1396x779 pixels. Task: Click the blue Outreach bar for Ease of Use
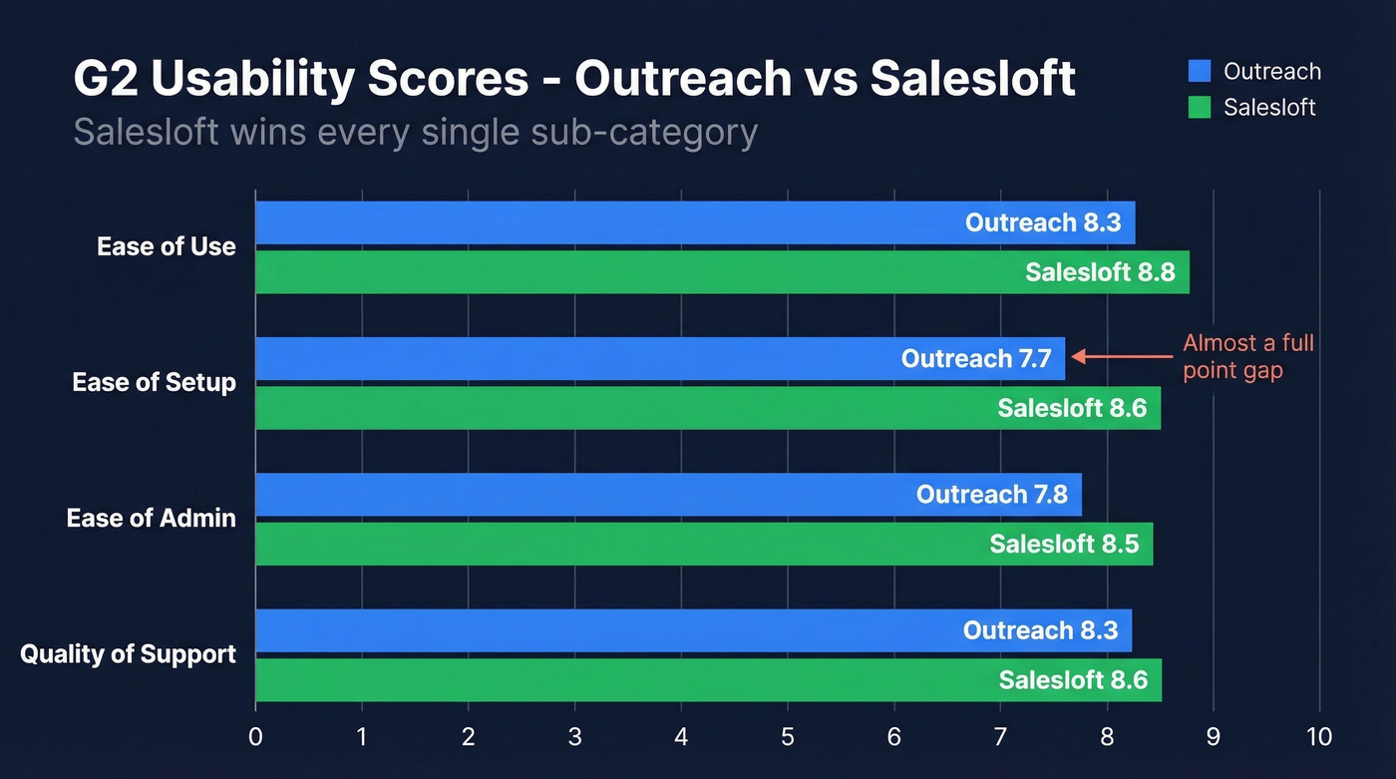[598, 222]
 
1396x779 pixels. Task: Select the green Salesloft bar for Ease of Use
[598, 272]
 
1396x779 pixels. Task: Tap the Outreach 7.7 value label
[976, 358]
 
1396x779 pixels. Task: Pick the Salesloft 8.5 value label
[1064, 545]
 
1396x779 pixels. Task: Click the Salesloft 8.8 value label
[1100, 272]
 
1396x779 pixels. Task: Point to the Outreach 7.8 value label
[991, 495]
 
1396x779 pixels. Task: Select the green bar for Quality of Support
[598, 680]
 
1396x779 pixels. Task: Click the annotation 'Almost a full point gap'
[1247, 357]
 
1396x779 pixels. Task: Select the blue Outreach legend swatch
[1200, 72]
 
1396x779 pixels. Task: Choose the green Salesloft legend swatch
[1200, 108]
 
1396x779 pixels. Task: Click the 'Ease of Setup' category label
[155, 383]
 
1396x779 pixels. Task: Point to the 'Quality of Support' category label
[129, 654]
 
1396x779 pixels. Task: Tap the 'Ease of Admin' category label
[152, 519]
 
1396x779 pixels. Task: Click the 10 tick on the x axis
[1319, 737]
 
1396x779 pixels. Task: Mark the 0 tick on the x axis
[256, 737]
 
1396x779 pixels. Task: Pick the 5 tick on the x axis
[788, 737]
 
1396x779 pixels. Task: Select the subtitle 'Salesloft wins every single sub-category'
[415, 132]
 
